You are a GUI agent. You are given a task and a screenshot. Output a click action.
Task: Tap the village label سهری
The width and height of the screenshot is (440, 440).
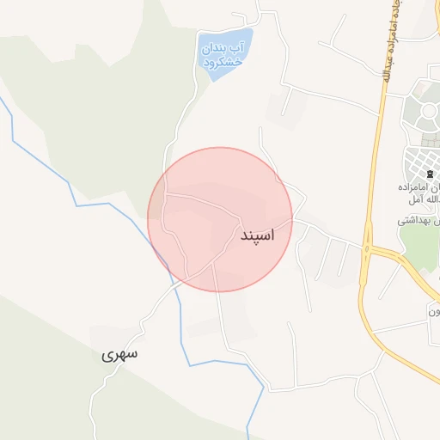point(119,354)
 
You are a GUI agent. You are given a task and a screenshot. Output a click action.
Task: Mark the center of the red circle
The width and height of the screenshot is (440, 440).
point(220,219)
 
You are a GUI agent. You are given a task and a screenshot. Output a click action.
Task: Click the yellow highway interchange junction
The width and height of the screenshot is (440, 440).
point(368,249)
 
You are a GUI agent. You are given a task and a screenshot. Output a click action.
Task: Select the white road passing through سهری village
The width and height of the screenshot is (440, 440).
point(143,327)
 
